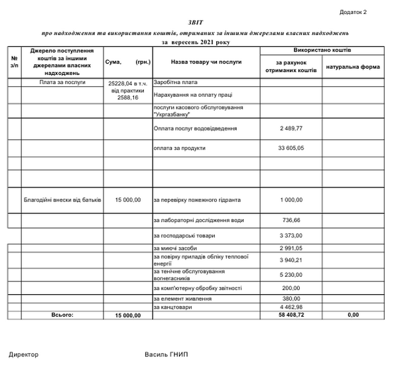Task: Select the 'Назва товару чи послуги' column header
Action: [206, 62]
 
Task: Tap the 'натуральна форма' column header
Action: [352, 68]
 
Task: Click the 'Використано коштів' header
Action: [322, 50]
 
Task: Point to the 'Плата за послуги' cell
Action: [63, 83]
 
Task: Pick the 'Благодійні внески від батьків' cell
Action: [62, 199]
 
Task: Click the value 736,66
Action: [291, 219]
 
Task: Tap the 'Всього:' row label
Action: [62, 315]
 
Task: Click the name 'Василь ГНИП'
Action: [166, 354]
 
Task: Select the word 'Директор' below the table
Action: [24, 354]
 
